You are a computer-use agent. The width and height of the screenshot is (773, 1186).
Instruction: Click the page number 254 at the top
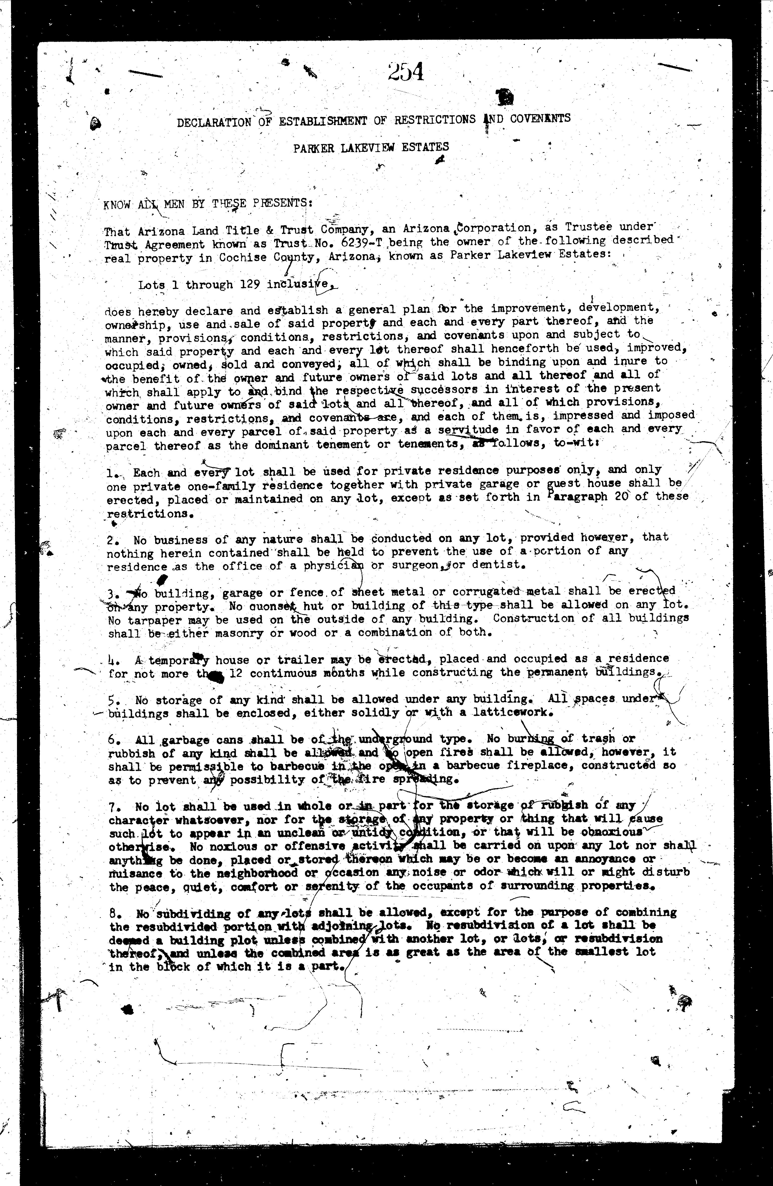click(406, 72)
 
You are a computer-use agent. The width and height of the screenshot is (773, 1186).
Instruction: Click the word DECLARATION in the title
click(214, 123)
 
